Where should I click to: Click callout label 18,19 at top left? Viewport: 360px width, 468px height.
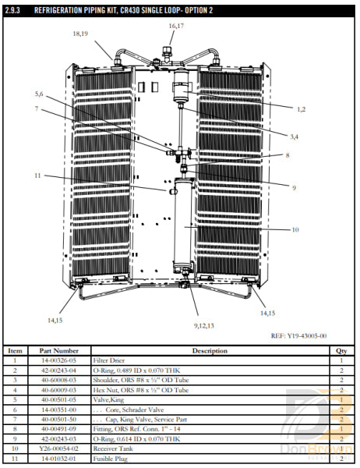[x=80, y=34]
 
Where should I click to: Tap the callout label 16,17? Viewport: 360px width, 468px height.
[x=177, y=26]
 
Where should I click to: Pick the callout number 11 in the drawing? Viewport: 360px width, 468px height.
[x=36, y=175]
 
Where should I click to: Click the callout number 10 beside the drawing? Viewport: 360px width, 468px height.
[x=295, y=230]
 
